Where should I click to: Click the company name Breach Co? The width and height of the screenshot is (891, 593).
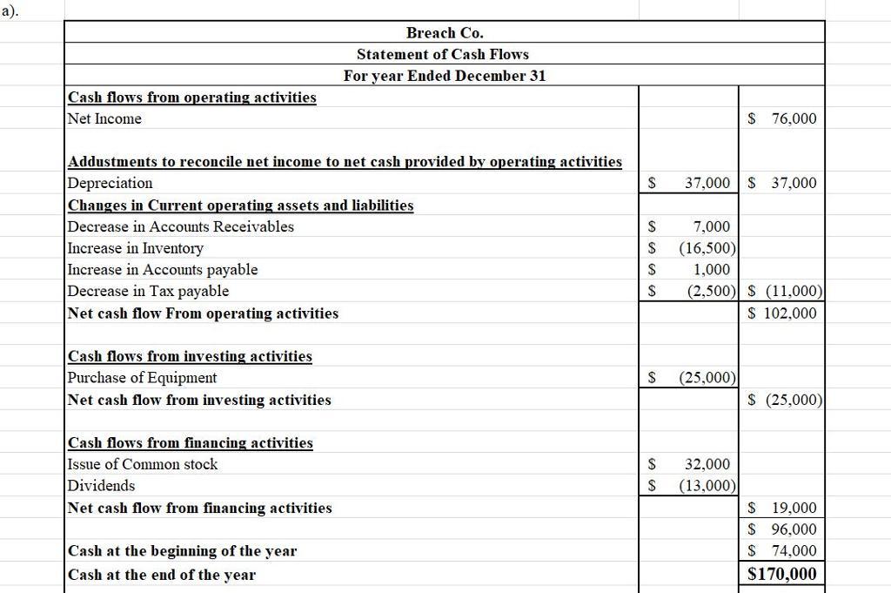pos(445,33)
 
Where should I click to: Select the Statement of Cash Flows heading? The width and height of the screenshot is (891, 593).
pos(443,54)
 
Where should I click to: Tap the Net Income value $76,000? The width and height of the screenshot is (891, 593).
pos(783,118)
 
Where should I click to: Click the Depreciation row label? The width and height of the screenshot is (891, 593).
pos(110,183)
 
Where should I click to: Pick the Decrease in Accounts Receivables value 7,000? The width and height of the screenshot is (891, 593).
pos(711,226)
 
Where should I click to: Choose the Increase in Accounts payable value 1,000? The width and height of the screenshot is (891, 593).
pos(711,270)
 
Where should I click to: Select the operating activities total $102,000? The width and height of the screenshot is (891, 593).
pos(783,313)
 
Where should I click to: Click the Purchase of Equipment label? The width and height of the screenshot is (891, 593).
pos(143,378)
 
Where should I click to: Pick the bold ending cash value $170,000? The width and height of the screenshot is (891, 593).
pos(782,573)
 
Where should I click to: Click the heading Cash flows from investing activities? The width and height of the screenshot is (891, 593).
pos(190,356)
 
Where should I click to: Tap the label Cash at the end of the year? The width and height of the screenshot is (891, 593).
pos(162,575)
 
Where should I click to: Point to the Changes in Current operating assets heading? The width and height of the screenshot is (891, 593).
pos(241,206)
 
